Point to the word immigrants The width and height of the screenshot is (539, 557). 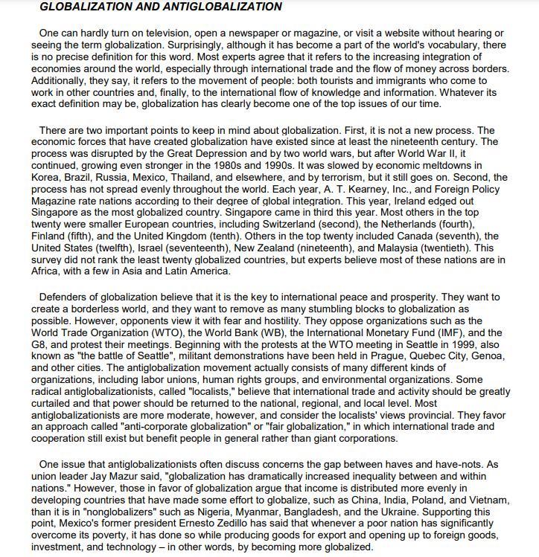377,80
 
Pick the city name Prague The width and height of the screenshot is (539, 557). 377,356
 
